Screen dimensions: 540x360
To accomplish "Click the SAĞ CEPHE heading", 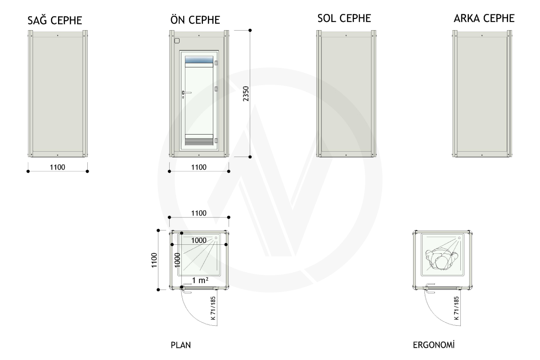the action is point(55,20).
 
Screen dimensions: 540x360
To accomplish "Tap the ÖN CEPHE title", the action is point(195,19).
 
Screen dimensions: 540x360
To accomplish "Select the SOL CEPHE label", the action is point(344,18).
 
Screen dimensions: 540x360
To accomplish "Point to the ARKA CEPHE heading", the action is point(484,18).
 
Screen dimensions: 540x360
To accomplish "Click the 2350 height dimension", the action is point(246,94).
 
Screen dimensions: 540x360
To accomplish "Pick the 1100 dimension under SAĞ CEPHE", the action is point(58,167).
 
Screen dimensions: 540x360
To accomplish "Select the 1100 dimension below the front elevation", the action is point(198,167).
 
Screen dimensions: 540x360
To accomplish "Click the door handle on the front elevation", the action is point(186,93).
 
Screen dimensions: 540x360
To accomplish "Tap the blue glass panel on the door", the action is point(199,59).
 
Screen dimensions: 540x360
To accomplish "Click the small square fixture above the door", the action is point(177,41).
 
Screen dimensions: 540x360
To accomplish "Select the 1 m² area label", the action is point(200,280).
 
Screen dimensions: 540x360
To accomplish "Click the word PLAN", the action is point(181,345).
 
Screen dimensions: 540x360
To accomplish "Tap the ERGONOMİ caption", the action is point(434,345).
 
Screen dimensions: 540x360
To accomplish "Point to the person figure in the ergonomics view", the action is point(441,260).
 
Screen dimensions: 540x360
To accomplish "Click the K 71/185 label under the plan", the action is point(213,308).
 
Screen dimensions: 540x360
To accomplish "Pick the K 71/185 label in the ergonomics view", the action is point(456,308).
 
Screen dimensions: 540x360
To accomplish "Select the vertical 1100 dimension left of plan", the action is point(154,260).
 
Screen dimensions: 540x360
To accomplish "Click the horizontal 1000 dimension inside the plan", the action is point(198,240).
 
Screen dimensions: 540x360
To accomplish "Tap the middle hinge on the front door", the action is point(216,89).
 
